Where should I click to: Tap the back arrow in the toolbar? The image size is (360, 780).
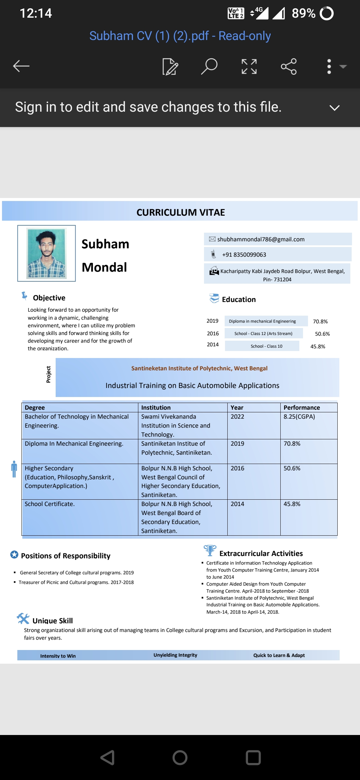tap(21, 66)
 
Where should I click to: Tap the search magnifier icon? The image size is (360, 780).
tap(209, 66)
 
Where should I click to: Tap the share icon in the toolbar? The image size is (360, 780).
tap(289, 66)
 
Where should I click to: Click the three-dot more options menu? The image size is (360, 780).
tap(329, 66)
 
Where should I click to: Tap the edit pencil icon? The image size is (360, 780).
tap(170, 66)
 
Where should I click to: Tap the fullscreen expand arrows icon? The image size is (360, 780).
tap(249, 66)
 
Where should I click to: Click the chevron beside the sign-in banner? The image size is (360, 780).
tap(334, 108)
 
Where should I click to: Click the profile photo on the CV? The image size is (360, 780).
tap(47, 253)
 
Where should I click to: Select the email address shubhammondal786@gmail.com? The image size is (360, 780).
tap(261, 239)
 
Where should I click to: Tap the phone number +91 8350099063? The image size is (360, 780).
tap(244, 255)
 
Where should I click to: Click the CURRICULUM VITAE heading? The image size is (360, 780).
tap(181, 212)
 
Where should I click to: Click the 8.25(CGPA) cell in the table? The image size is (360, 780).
tap(299, 417)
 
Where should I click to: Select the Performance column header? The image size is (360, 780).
tap(302, 407)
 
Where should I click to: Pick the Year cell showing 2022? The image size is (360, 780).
tap(237, 417)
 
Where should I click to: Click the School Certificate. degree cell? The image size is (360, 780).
tap(50, 504)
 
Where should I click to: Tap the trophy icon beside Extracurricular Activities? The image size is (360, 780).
tap(210, 550)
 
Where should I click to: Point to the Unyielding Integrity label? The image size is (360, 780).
tap(175, 655)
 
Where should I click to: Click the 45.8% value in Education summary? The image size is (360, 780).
tap(318, 346)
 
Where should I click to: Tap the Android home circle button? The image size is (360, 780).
tap(180, 757)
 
